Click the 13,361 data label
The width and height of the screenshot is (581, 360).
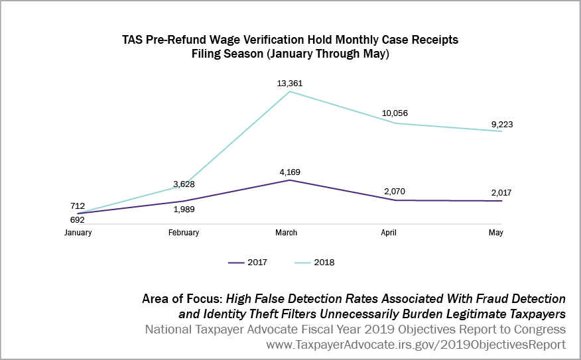tap(290, 84)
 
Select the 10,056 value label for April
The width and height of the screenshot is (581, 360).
tap(395, 113)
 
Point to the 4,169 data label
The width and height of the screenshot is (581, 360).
tap(290, 172)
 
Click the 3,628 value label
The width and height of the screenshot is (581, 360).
tap(184, 184)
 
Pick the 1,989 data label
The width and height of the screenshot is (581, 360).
tap(184, 210)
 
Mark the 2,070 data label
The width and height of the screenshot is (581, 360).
tap(395, 192)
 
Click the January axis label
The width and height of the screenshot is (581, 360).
tap(78, 233)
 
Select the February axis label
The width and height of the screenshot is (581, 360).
tap(184, 233)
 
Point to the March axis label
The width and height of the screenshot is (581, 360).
tap(290, 233)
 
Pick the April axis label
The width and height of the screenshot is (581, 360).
tap(395, 233)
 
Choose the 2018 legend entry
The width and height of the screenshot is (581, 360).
tap(314, 263)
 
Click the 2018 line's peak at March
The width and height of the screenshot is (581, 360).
tap(290, 91)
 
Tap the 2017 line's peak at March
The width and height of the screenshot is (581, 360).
tap(290, 180)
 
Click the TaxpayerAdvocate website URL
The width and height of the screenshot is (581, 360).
tap(416, 345)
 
